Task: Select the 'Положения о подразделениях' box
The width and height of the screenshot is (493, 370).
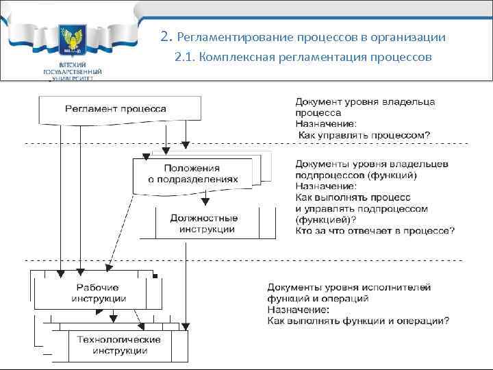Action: click(192, 173)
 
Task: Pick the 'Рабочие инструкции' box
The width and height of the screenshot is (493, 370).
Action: click(98, 293)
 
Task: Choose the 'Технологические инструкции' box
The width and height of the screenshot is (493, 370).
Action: click(118, 345)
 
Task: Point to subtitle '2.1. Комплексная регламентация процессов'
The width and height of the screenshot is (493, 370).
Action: click(303, 57)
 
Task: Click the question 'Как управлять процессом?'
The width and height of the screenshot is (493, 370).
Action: click(364, 135)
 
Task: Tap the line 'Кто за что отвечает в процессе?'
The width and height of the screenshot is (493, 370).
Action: click(375, 231)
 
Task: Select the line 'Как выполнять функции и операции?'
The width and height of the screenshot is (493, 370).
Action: click(358, 320)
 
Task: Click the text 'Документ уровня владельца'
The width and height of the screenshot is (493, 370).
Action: click(364, 102)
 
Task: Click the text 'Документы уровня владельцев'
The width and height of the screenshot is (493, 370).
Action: click(372, 164)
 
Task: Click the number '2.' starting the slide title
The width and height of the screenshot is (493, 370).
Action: click(165, 36)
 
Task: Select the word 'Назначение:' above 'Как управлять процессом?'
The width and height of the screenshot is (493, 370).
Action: click(325, 124)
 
